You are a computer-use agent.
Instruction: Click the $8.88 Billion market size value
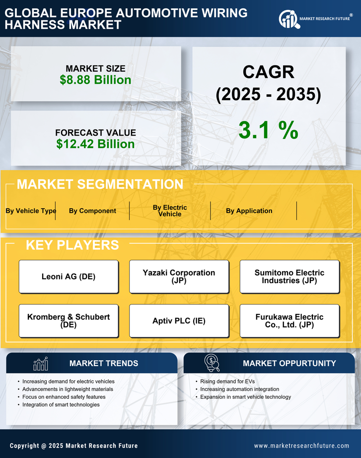pos(95,80)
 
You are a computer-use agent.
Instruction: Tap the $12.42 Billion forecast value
pos(95,144)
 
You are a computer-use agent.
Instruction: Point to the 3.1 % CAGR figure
pos(268,130)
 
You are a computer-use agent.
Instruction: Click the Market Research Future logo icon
pos(288,19)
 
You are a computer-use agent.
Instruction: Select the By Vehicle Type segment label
pos(31,211)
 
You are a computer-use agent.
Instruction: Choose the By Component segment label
pos(92,211)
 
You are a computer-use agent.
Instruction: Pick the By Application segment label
pos(249,211)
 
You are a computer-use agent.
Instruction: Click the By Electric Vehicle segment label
pos(170,211)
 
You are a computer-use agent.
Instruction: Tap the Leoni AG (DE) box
pos(69,277)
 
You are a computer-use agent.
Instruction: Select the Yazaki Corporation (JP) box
pos(179,277)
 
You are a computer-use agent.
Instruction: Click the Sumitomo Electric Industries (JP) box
pos(289,277)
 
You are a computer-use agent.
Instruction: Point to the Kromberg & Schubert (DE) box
pos(69,321)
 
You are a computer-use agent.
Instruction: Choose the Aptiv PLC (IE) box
pos(179,321)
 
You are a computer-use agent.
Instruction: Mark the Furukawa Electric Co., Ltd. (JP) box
pos(289,321)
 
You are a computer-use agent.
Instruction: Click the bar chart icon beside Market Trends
pos(41,364)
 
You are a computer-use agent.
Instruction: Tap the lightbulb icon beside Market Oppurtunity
pos(212,363)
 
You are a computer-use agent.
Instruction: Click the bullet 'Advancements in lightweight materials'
pos(68,389)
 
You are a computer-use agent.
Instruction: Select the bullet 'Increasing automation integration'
pos(239,389)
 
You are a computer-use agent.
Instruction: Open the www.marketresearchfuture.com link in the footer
pos(301,446)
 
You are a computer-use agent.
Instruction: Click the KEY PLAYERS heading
pos(72,245)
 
